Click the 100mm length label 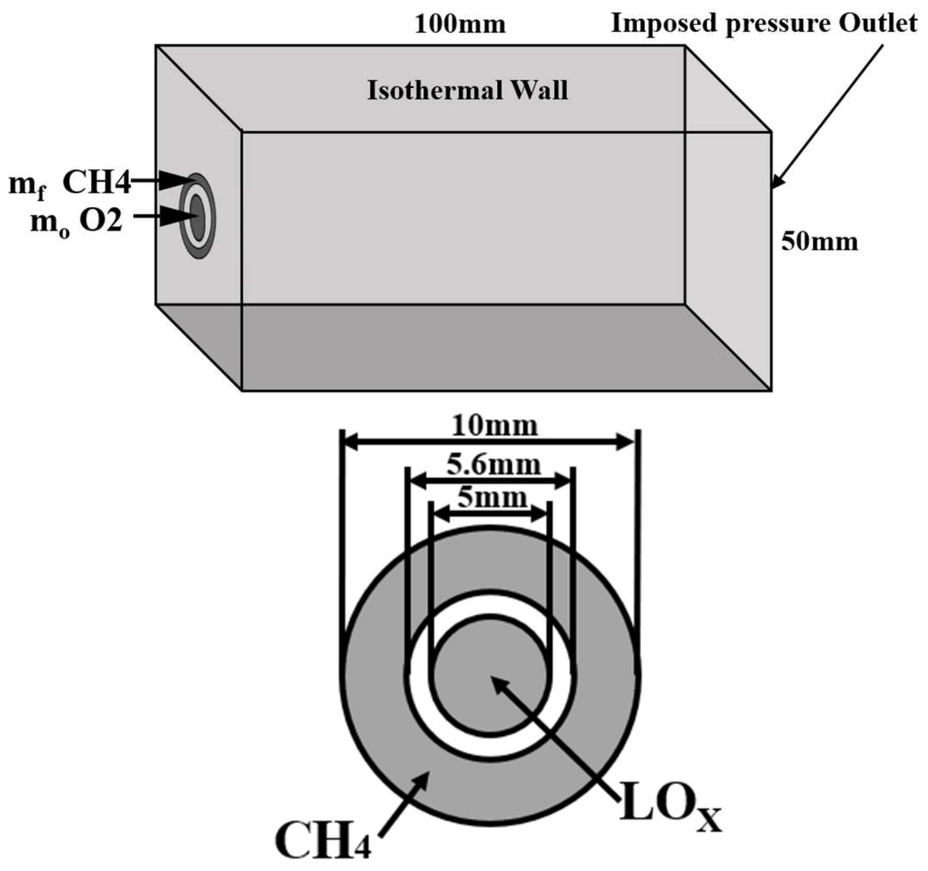460,25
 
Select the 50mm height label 819,242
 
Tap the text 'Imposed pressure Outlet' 764,23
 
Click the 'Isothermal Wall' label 467,91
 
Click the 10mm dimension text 494,425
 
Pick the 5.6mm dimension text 493,466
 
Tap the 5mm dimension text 492,498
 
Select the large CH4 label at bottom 322,840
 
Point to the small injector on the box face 197,216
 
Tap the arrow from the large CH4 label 404,802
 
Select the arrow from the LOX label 551,735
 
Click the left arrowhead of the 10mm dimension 349,441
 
